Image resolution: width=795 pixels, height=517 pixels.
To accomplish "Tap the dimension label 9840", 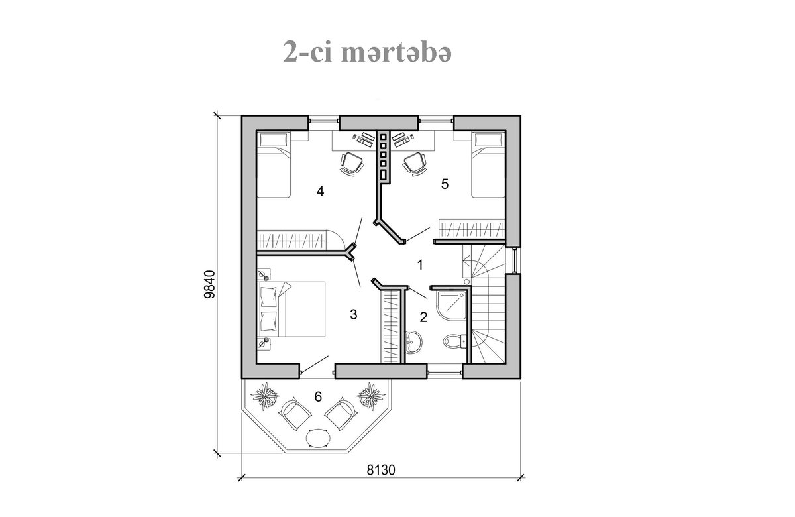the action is (209, 284).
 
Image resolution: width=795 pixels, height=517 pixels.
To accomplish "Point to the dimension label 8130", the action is (381, 470).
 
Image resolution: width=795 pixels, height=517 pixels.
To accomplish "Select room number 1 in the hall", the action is (420, 264).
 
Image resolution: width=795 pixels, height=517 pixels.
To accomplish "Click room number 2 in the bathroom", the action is (423, 317).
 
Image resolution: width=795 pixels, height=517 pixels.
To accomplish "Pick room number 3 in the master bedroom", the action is (354, 314).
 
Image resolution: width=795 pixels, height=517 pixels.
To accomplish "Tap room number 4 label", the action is (320, 192).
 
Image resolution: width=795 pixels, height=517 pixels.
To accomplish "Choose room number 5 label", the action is (445, 184).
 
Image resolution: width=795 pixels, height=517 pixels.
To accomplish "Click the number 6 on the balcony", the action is (318, 396).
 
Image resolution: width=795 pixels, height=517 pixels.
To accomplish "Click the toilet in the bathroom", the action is (454, 341).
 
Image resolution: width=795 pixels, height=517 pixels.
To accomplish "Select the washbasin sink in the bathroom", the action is (413, 342).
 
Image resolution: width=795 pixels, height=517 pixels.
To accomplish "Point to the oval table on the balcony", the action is (318, 439).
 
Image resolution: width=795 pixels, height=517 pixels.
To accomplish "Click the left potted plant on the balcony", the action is (264, 396).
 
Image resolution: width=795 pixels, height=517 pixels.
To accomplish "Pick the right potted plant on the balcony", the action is (371, 396).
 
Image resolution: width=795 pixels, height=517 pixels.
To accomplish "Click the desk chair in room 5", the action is (414, 164).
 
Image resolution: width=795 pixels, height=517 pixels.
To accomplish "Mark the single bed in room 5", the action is (488, 164).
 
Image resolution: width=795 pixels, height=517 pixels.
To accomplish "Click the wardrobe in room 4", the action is (291, 240).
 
